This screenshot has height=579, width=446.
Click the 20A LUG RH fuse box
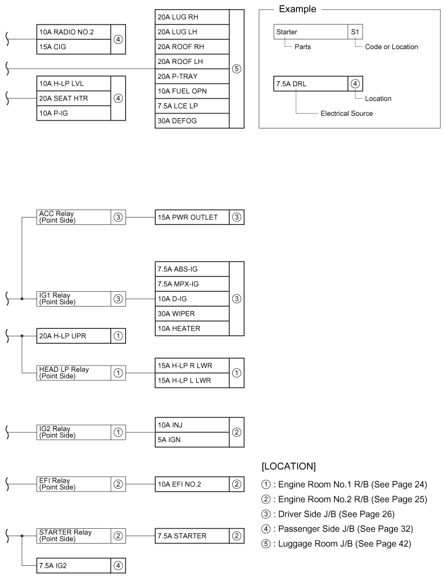click(192, 17)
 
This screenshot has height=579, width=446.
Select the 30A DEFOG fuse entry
click(192, 120)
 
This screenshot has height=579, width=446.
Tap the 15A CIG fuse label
click(73, 47)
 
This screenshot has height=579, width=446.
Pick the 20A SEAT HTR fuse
click(73, 98)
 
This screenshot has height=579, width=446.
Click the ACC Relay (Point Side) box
click(73, 217)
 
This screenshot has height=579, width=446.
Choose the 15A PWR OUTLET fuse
click(192, 217)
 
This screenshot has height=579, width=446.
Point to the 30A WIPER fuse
click(192, 313)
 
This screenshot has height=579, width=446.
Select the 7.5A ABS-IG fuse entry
click(192, 269)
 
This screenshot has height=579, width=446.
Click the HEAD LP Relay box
click(73, 372)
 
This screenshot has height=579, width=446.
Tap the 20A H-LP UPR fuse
click(73, 336)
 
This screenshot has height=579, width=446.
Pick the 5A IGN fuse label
click(192, 440)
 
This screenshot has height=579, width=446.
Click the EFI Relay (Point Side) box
click(73, 484)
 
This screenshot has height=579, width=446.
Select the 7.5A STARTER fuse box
click(192, 536)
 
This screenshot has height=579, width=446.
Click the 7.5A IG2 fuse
click(73, 565)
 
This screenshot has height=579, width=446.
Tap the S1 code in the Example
click(355, 33)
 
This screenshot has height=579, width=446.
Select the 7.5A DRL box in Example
click(310, 83)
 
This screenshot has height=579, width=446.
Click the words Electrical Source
click(346, 114)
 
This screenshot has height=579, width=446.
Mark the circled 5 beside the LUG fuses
click(237, 69)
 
